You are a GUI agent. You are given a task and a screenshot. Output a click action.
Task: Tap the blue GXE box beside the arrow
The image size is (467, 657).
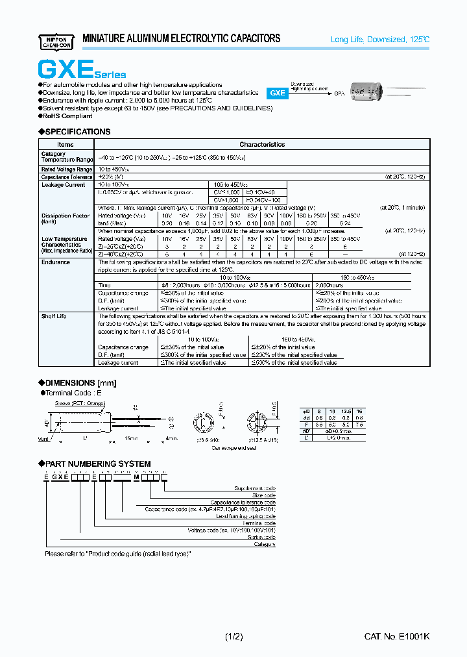click(278, 93)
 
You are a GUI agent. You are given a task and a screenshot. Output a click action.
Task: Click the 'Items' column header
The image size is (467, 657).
click(66, 144)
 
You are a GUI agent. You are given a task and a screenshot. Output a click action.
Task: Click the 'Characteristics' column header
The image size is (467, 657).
click(262, 144)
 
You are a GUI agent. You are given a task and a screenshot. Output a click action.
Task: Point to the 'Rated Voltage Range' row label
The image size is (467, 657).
click(66, 169)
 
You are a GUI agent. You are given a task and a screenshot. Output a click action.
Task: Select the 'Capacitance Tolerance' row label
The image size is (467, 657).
click(67, 177)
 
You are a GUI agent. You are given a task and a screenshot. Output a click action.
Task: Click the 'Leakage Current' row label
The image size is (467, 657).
click(64, 185)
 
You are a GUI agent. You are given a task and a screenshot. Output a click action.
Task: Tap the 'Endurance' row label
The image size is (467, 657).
click(56, 262)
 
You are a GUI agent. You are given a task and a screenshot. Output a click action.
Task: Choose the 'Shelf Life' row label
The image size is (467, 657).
click(54, 316)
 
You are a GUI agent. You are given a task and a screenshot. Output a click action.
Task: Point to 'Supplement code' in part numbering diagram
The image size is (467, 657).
click(255, 488)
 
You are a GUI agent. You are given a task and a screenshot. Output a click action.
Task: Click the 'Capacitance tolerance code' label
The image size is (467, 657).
click(245, 502)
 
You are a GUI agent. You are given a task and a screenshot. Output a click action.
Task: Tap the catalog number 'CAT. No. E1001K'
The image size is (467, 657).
click(396, 637)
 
